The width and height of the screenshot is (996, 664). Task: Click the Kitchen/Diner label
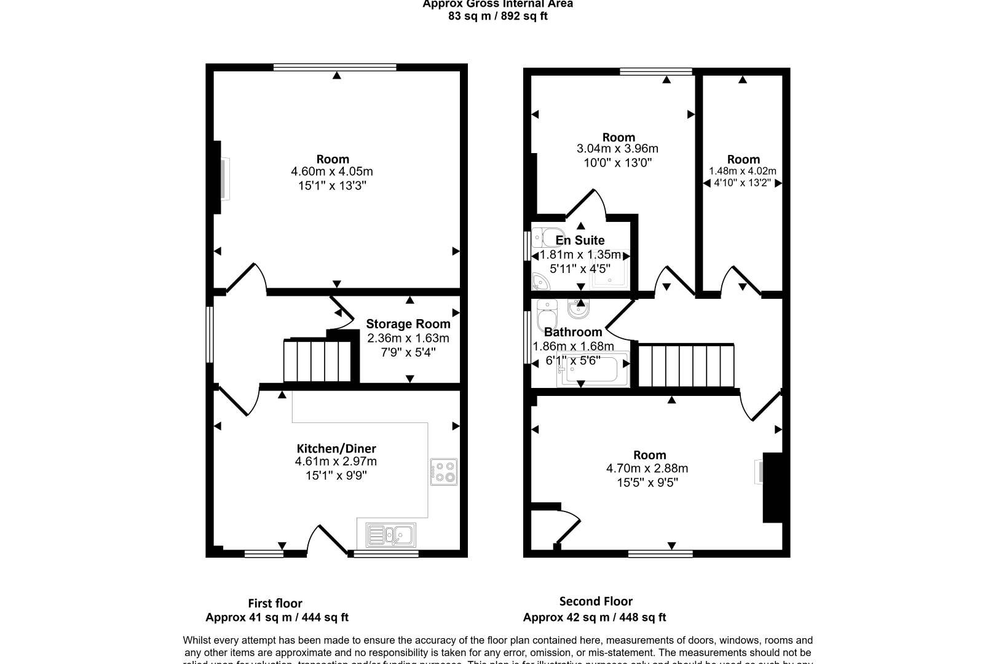coord(336,449)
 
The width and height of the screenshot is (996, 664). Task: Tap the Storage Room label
coord(408,324)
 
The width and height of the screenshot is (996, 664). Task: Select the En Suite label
coord(580,240)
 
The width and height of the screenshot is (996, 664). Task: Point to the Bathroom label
coord(573,332)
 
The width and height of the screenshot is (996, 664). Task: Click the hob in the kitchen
coord(443,472)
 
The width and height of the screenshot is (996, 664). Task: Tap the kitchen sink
coord(390,535)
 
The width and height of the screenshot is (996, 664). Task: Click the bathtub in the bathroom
coord(593,371)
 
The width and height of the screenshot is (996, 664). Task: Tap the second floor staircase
coord(686,365)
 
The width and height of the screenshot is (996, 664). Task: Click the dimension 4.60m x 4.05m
coord(332,172)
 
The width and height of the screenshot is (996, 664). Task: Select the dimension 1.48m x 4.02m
coord(743,172)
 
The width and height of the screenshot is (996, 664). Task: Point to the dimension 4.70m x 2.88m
coord(647,468)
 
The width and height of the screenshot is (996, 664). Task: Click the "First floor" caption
coord(275,603)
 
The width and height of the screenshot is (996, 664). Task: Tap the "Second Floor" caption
coord(596,601)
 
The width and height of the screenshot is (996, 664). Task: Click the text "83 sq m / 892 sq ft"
coord(498,17)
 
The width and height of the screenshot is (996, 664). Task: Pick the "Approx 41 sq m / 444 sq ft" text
coord(277,617)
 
